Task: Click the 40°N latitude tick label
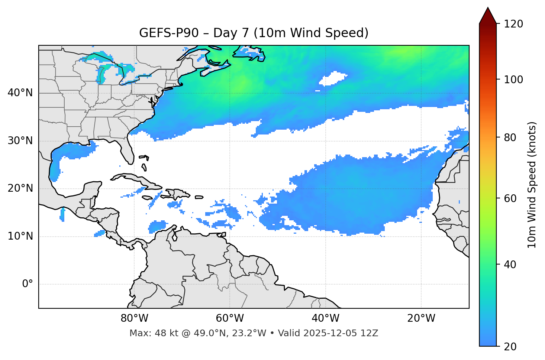[x=20, y=93]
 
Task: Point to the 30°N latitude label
[x=20, y=141]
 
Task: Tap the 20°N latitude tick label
[x=20, y=188]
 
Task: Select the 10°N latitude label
[x=20, y=236]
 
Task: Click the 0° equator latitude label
[x=28, y=284]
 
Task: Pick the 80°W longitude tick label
[x=134, y=318]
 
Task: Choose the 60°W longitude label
[x=230, y=318]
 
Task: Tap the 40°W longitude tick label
[x=326, y=318]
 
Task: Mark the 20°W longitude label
[x=421, y=318]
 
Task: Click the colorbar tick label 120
[x=513, y=24]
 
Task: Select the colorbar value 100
[x=513, y=80]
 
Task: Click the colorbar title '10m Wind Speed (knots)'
[x=532, y=185]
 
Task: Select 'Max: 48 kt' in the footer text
[x=149, y=333]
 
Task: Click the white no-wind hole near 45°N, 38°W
[x=333, y=78]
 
